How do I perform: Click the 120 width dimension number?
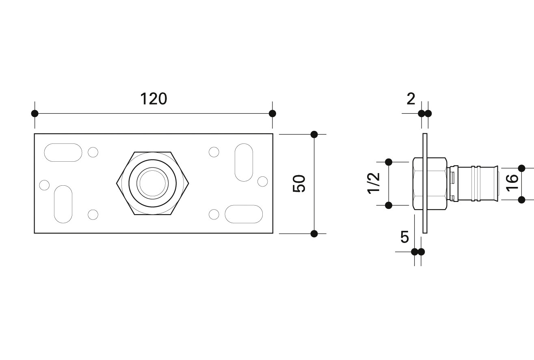coord(153,99)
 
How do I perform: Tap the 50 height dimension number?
coord(299,184)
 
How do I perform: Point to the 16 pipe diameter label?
coord(512,183)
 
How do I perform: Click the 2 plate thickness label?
coord(411,99)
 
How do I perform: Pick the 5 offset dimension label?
coord(404,237)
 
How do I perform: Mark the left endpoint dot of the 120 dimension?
coord(35,113)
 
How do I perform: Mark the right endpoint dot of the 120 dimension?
coord(272,113)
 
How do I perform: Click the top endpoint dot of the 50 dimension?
coord(314,134)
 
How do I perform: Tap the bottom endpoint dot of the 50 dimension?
coord(314,234)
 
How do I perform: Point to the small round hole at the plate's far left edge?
coord(44,185)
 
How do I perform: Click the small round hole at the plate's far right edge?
coord(262,181)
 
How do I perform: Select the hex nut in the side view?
coord(430,184)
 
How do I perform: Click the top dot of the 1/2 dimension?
coord(389,162)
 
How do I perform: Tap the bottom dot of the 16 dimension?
coord(521,200)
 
